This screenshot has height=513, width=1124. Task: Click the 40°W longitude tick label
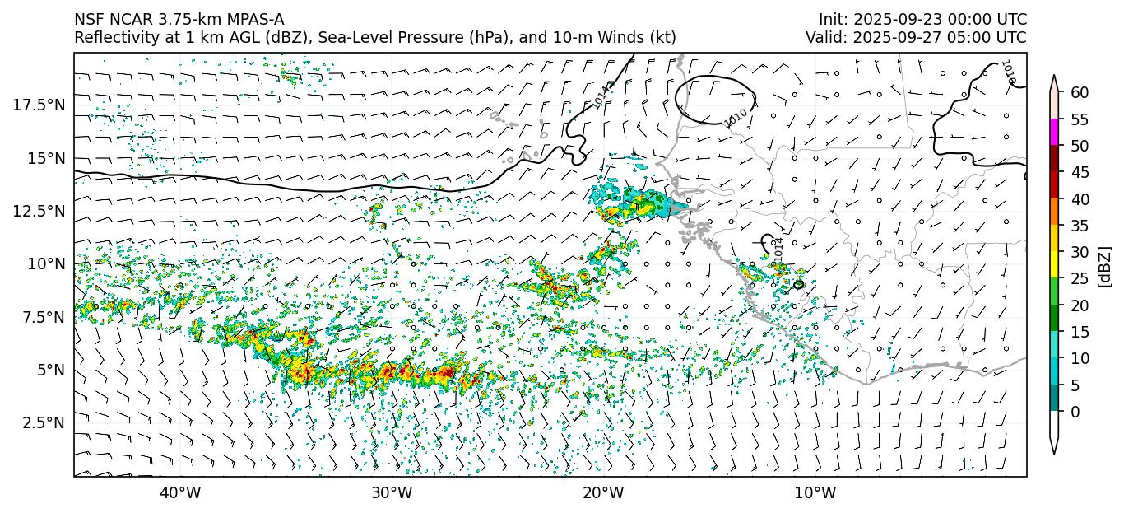point(179,493)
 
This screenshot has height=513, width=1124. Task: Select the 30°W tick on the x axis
point(392,493)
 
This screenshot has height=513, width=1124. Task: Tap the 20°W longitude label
point(603,493)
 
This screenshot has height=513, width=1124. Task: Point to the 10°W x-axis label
point(815,493)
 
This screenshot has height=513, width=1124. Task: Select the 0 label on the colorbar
point(1075,412)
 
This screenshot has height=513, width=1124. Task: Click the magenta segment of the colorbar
point(1054,133)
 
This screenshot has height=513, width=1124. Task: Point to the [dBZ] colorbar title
point(1105,266)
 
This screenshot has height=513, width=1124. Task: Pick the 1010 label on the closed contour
point(736,117)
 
